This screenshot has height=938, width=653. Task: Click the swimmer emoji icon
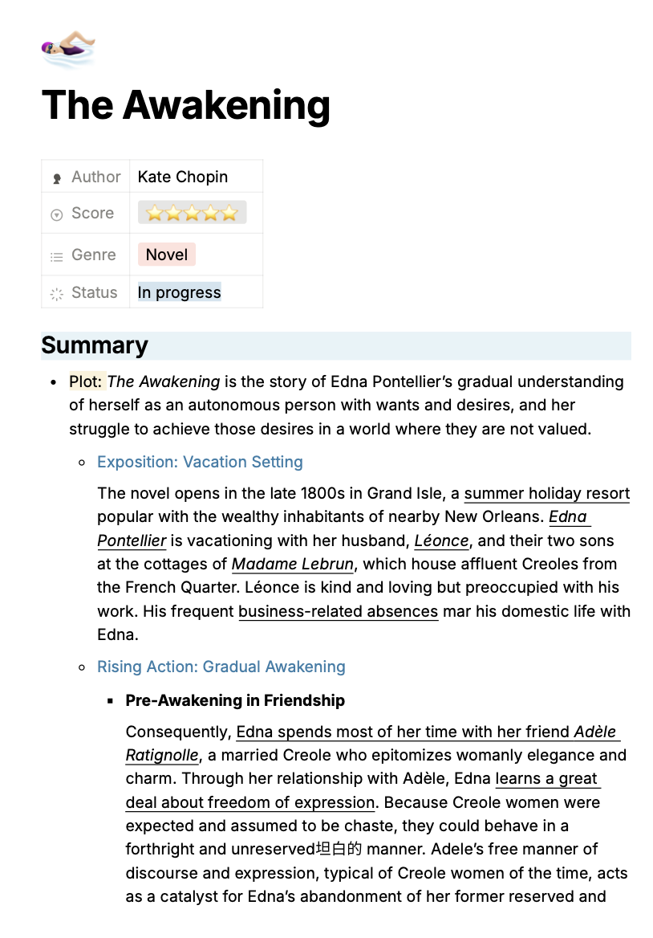tap(68, 49)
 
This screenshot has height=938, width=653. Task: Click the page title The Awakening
tap(185, 105)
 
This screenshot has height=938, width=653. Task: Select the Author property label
tap(95, 177)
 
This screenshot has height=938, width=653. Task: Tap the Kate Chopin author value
tap(183, 177)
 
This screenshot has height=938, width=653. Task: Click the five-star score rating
tap(192, 213)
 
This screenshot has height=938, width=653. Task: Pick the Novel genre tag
tap(167, 255)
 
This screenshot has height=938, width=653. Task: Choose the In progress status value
tap(179, 292)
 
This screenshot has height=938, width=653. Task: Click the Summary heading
tap(95, 345)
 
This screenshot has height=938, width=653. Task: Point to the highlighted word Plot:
tap(87, 381)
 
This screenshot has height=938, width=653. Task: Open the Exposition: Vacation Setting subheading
tap(200, 462)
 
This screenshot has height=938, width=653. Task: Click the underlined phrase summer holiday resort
tap(546, 493)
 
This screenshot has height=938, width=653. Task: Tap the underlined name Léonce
tap(441, 540)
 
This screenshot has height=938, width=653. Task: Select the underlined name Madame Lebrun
tap(293, 564)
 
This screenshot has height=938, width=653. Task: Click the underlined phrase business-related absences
tap(338, 611)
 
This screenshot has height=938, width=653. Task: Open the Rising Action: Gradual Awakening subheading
tap(221, 667)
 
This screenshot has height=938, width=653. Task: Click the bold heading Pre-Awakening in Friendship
tap(235, 700)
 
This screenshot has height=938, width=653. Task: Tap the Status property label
tap(94, 292)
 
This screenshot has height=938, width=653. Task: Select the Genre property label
tap(93, 255)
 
